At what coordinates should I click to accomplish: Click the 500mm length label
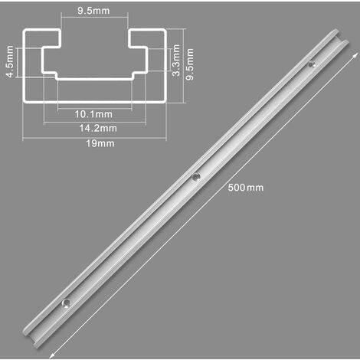[x=245, y=188]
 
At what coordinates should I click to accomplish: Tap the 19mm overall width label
[x=95, y=143]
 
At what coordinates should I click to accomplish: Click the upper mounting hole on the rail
[x=310, y=65]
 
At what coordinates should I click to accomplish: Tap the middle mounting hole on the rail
[x=196, y=176]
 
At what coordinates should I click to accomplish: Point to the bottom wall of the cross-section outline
[x=95, y=100]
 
